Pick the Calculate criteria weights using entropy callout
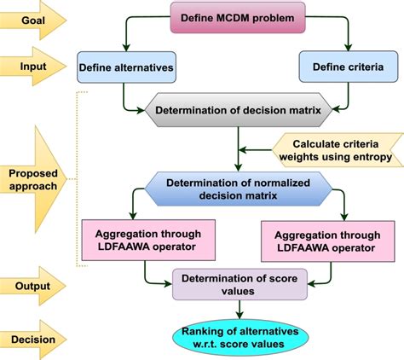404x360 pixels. tap(337, 150)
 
